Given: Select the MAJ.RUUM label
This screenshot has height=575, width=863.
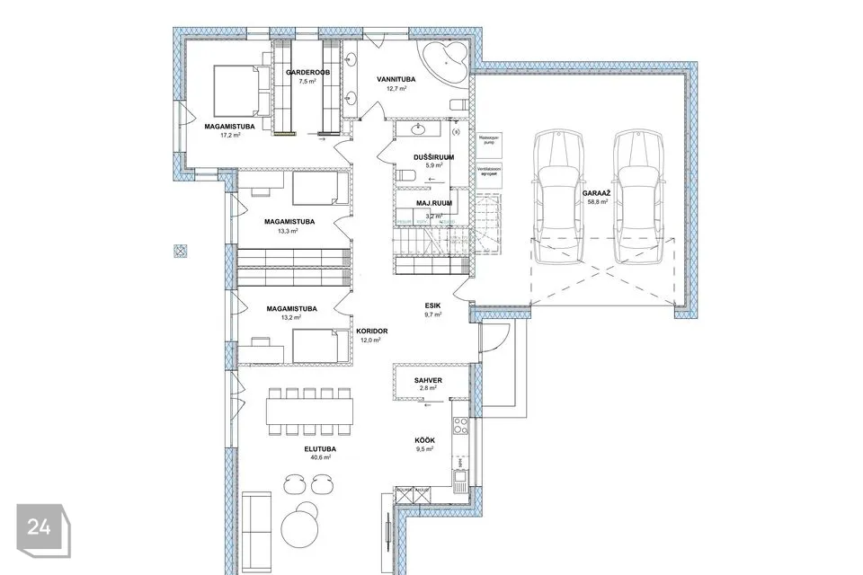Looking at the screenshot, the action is (x=432, y=205).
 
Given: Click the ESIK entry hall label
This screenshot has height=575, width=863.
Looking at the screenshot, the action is (x=433, y=305).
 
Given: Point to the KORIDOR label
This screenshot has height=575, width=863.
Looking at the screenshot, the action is (x=371, y=332).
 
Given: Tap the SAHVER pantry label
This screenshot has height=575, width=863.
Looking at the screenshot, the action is (x=428, y=381).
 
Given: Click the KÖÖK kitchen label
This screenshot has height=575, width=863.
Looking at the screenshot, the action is (x=425, y=440).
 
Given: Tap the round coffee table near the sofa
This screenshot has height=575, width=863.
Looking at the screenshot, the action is (x=300, y=521).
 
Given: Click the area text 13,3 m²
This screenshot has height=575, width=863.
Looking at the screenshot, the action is (x=289, y=231).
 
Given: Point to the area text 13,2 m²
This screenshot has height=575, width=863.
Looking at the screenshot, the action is (x=289, y=317).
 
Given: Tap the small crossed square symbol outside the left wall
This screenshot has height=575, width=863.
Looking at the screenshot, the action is (x=181, y=251).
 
